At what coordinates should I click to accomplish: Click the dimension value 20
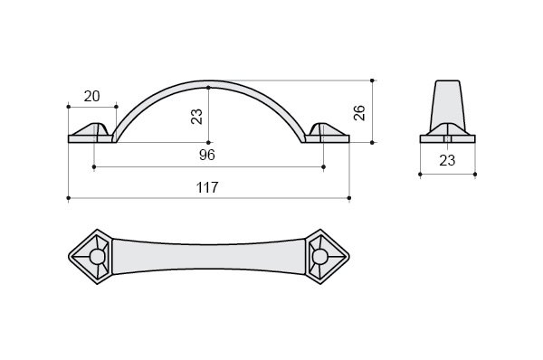[91, 96]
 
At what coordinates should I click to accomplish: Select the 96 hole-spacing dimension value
[207, 155]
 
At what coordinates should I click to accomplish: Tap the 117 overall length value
[207, 187]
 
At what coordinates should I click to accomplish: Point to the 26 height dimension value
[359, 112]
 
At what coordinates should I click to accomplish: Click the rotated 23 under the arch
[196, 117]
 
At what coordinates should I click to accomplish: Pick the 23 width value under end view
[447, 161]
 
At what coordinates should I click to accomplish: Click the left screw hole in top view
[97, 257]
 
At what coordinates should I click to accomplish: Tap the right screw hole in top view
[320, 257]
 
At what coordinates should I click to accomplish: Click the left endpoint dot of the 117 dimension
[69, 198]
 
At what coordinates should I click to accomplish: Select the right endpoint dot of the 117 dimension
[349, 198]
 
